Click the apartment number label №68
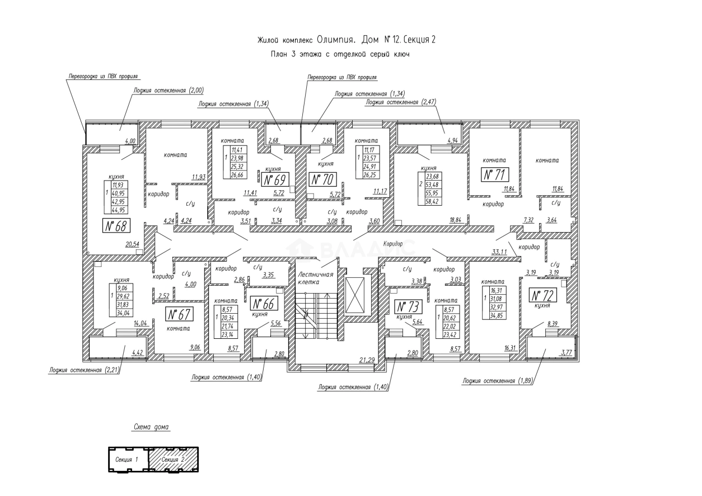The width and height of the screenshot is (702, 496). click(116, 226)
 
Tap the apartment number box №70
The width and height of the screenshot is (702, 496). click(322, 180)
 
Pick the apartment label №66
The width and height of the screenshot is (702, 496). click(263, 304)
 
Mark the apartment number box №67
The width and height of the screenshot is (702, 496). click(180, 314)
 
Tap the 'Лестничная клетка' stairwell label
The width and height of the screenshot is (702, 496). click(316, 278)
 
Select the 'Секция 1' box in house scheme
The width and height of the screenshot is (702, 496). click(127, 459)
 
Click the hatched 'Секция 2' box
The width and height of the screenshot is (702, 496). click(174, 459)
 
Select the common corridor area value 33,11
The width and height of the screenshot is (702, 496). click(499, 252)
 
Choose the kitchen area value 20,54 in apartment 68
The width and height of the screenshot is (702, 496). click(132, 245)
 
